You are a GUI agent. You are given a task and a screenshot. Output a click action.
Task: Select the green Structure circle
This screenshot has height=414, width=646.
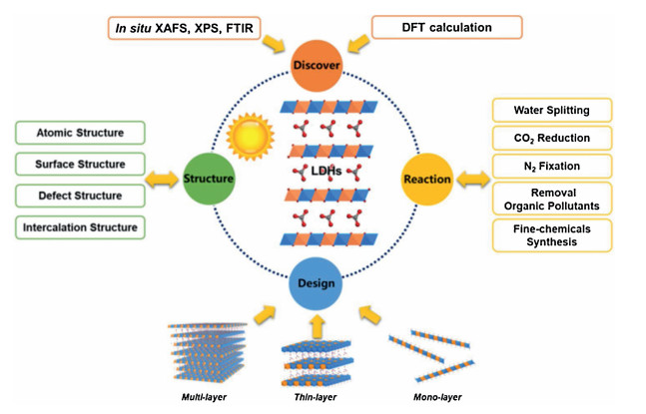[x=208, y=180]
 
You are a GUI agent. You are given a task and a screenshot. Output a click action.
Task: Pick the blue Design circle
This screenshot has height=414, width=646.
[x=317, y=282]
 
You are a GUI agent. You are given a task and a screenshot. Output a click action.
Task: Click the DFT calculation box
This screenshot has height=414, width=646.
[x=447, y=27]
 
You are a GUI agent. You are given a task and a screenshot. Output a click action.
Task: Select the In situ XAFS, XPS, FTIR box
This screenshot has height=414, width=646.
[x=186, y=27]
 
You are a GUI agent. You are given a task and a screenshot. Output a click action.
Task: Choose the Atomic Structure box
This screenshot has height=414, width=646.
[x=80, y=132]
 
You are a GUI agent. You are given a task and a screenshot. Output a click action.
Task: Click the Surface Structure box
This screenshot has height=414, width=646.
[x=80, y=164]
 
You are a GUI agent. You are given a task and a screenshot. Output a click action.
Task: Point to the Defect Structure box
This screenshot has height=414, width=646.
[x=80, y=196]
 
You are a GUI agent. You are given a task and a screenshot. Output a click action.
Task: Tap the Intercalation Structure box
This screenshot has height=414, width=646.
[x=80, y=227]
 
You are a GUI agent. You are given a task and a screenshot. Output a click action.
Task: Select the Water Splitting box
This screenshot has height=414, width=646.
[x=551, y=109]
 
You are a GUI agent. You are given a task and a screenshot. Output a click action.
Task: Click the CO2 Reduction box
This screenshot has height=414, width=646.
[x=551, y=137]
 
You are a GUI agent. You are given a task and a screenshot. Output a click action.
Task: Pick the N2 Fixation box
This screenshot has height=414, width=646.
[x=551, y=166]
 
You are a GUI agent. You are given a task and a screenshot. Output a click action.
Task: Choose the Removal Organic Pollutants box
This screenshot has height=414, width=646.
[x=551, y=200]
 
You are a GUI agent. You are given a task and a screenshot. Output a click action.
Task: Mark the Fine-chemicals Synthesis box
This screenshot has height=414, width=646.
[x=551, y=235]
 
